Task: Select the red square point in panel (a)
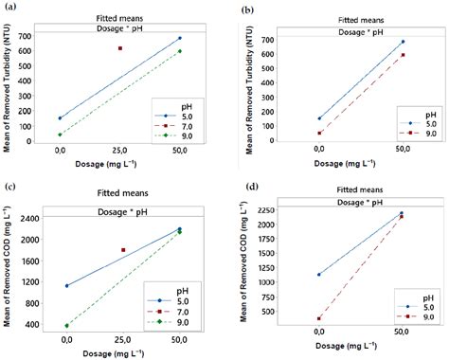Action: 119,48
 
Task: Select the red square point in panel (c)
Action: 122,250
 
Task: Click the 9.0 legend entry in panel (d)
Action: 412,315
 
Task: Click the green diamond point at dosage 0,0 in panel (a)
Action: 60,135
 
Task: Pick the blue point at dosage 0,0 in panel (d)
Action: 319,275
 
